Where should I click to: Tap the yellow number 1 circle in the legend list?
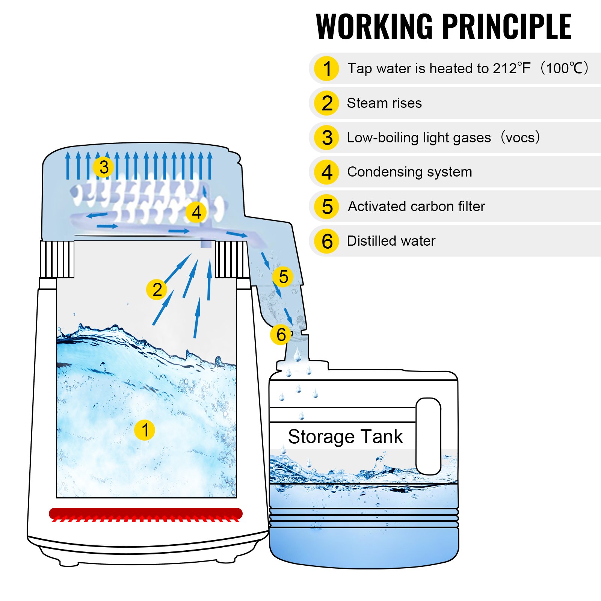(327, 68)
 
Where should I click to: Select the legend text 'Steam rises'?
(384, 103)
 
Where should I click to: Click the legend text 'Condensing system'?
(409, 172)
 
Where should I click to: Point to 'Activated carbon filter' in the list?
(416, 206)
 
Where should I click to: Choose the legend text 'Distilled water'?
(391, 241)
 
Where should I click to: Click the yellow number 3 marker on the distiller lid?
(104, 167)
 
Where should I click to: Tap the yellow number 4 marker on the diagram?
(196, 212)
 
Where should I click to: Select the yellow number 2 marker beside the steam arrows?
(157, 290)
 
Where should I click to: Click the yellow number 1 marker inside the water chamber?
(145, 430)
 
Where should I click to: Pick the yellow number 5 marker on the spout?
(283, 277)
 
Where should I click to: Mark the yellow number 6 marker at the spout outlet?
(281, 334)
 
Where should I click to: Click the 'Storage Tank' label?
(345, 436)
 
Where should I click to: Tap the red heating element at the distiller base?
(146, 513)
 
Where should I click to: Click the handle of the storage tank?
(428, 436)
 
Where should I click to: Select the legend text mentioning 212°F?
(468, 68)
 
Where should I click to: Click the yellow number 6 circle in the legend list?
(327, 241)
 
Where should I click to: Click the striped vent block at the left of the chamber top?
(57, 259)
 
